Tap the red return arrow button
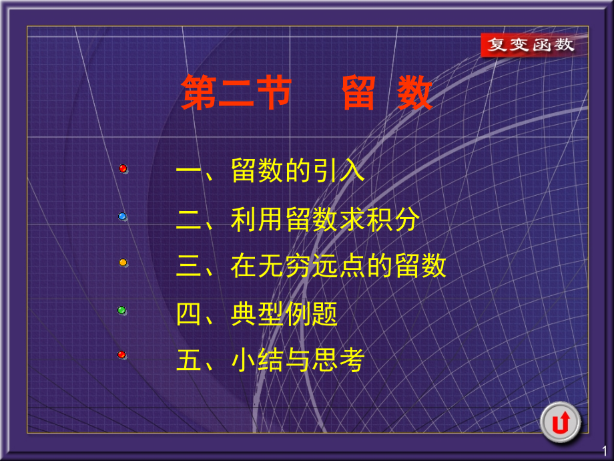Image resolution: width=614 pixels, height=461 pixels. [560, 423]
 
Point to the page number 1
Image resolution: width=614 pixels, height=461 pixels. [604, 451]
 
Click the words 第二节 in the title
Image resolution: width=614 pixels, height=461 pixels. [237, 94]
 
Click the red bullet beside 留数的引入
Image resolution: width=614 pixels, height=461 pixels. [123, 169]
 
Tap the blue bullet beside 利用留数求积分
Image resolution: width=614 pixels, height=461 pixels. [123, 216]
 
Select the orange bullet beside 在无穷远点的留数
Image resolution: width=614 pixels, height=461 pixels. [123, 263]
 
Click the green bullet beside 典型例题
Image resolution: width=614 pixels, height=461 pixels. [122, 310]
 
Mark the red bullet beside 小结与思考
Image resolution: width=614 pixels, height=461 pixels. [121, 355]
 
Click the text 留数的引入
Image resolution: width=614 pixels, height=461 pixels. [298, 171]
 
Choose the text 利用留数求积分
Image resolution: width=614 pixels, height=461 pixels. [325, 218]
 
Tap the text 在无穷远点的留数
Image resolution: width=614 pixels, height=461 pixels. [338, 266]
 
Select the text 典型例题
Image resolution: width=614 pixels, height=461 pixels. [284, 313]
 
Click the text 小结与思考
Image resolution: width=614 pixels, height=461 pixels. [298, 361]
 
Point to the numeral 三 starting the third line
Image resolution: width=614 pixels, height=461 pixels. [189, 266]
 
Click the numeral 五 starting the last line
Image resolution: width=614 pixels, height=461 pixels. [189, 361]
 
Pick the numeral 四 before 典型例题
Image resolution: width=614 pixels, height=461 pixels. [189, 313]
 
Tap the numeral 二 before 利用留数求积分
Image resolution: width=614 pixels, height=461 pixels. [189, 218]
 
